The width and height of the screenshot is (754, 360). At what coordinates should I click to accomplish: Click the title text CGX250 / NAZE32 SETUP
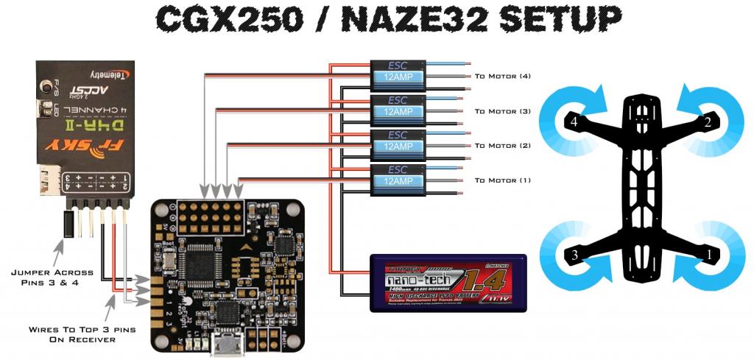click(x=376, y=22)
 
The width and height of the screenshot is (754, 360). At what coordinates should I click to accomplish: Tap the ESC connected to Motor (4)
click(x=398, y=76)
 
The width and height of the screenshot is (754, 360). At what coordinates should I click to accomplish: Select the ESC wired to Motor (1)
click(x=398, y=180)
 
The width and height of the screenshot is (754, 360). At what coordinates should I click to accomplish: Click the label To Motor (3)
click(x=503, y=111)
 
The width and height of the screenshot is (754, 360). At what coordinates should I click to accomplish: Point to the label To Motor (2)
click(x=503, y=146)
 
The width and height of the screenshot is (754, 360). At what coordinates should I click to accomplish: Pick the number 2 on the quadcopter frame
click(x=708, y=123)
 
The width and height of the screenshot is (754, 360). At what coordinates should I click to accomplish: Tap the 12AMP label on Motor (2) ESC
click(x=398, y=146)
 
